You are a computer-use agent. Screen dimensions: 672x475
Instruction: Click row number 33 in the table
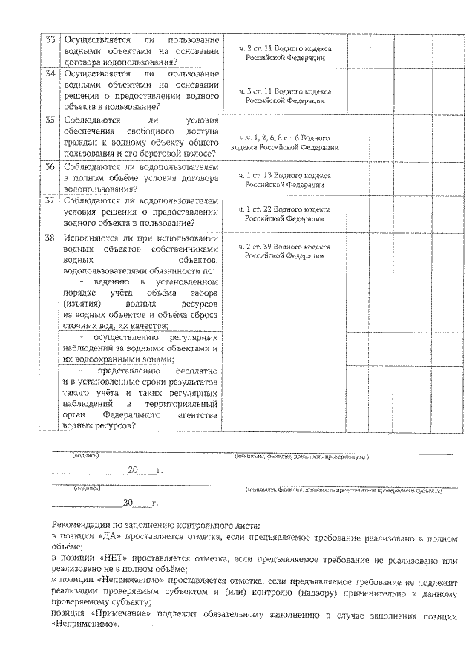(50, 39)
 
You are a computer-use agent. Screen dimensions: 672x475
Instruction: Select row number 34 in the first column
(50, 74)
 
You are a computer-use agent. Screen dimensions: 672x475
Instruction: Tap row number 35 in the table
(50, 120)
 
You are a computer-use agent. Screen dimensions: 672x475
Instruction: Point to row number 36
(50, 167)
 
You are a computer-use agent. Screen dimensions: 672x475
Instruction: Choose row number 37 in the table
(50, 200)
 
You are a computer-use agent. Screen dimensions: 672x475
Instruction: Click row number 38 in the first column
(50, 238)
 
